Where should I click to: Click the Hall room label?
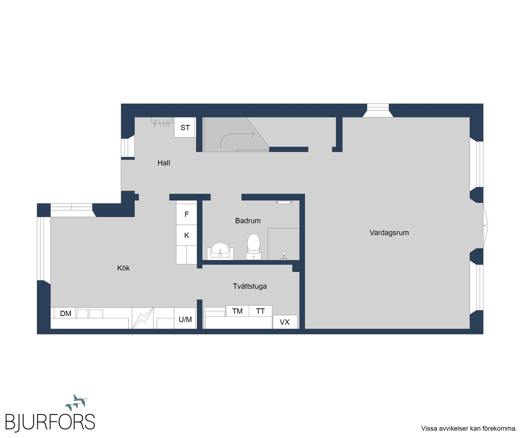pyautogui.click(x=164, y=163)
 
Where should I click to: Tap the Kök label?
pyautogui.click(x=123, y=268)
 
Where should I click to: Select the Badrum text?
pyautogui.click(x=248, y=221)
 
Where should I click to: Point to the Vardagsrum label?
pyautogui.click(x=389, y=233)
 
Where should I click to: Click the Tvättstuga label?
pyautogui.click(x=250, y=286)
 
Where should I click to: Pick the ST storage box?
pyautogui.click(x=185, y=127)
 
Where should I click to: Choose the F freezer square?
pyautogui.click(x=186, y=214)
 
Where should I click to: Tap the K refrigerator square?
pyautogui.click(x=186, y=235)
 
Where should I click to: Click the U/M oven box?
pyautogui.click(x=185, y=318)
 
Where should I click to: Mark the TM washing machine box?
pyautogui.click(x=238, y=311)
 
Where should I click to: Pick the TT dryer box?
pyautogui.click(x=260, y=311)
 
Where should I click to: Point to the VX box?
pyautogui.click(x=285, y=322)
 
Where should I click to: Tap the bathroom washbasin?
pyautogui.click(x=220, y=250)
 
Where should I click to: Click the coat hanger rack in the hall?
pyautogui.click(x=162, y=122)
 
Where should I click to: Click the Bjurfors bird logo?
pyautogui.click(x=76, y=403)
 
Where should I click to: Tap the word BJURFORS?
pyautogui.click(x=50, y=422)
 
